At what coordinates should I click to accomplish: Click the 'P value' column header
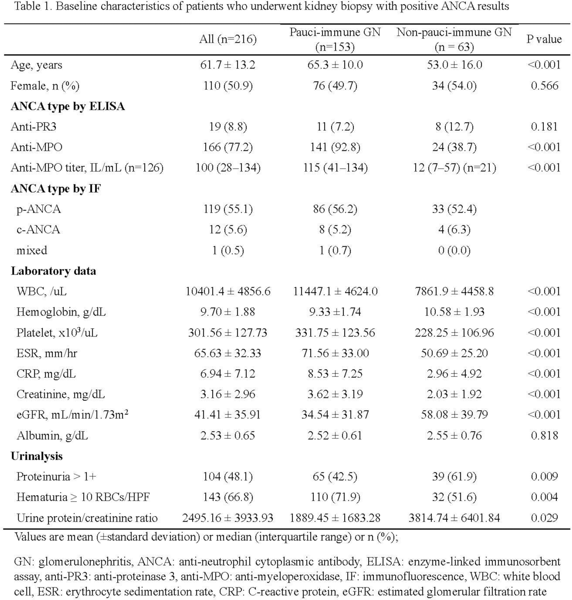pyautogui.click(x=544, y=39)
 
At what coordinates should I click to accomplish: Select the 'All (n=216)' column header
pyautogui.click(x=228, y=39)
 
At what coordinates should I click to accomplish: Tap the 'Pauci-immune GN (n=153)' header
pyautogui.click(x=335, y=39)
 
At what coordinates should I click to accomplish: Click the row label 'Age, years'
pyautogui.click(x=36, y=65)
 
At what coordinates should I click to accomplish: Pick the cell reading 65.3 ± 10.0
pyautogui.click(x=335, y=65)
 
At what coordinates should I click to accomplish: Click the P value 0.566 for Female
pyautogui.click(x=544, y=86)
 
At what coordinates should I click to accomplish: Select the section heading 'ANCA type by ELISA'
pyautogui.click(x=68, y=106)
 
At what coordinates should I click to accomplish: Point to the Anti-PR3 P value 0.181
pyautogui.click(x=544, y=127)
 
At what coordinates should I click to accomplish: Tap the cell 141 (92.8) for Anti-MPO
pyautogui.click(x=335, y=147)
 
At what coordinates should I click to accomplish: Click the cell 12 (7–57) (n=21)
pyautogui.click(x=454, y=168)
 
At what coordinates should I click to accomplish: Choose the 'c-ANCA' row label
pyautogui.click(x=38, y=229)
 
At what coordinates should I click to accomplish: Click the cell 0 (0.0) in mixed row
pyautogui.click(x=454, y=250)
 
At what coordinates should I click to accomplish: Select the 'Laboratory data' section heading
pyautogui.click(x=53, y=271)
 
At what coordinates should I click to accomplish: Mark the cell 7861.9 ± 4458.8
pyautogui.click(x=454, y=291)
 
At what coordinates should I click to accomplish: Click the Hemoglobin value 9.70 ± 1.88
pyautogui.click(x=228, y=312)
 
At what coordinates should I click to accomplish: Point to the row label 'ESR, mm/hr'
pyautogui.click(x=47, y=353)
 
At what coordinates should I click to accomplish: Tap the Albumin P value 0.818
pyautogui.click(x=544, y=436)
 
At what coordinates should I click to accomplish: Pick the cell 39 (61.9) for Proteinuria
pyautogui.click(x=454, y=477)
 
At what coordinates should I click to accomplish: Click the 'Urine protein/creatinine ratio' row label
pyautogui.click(x=87, y=518)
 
